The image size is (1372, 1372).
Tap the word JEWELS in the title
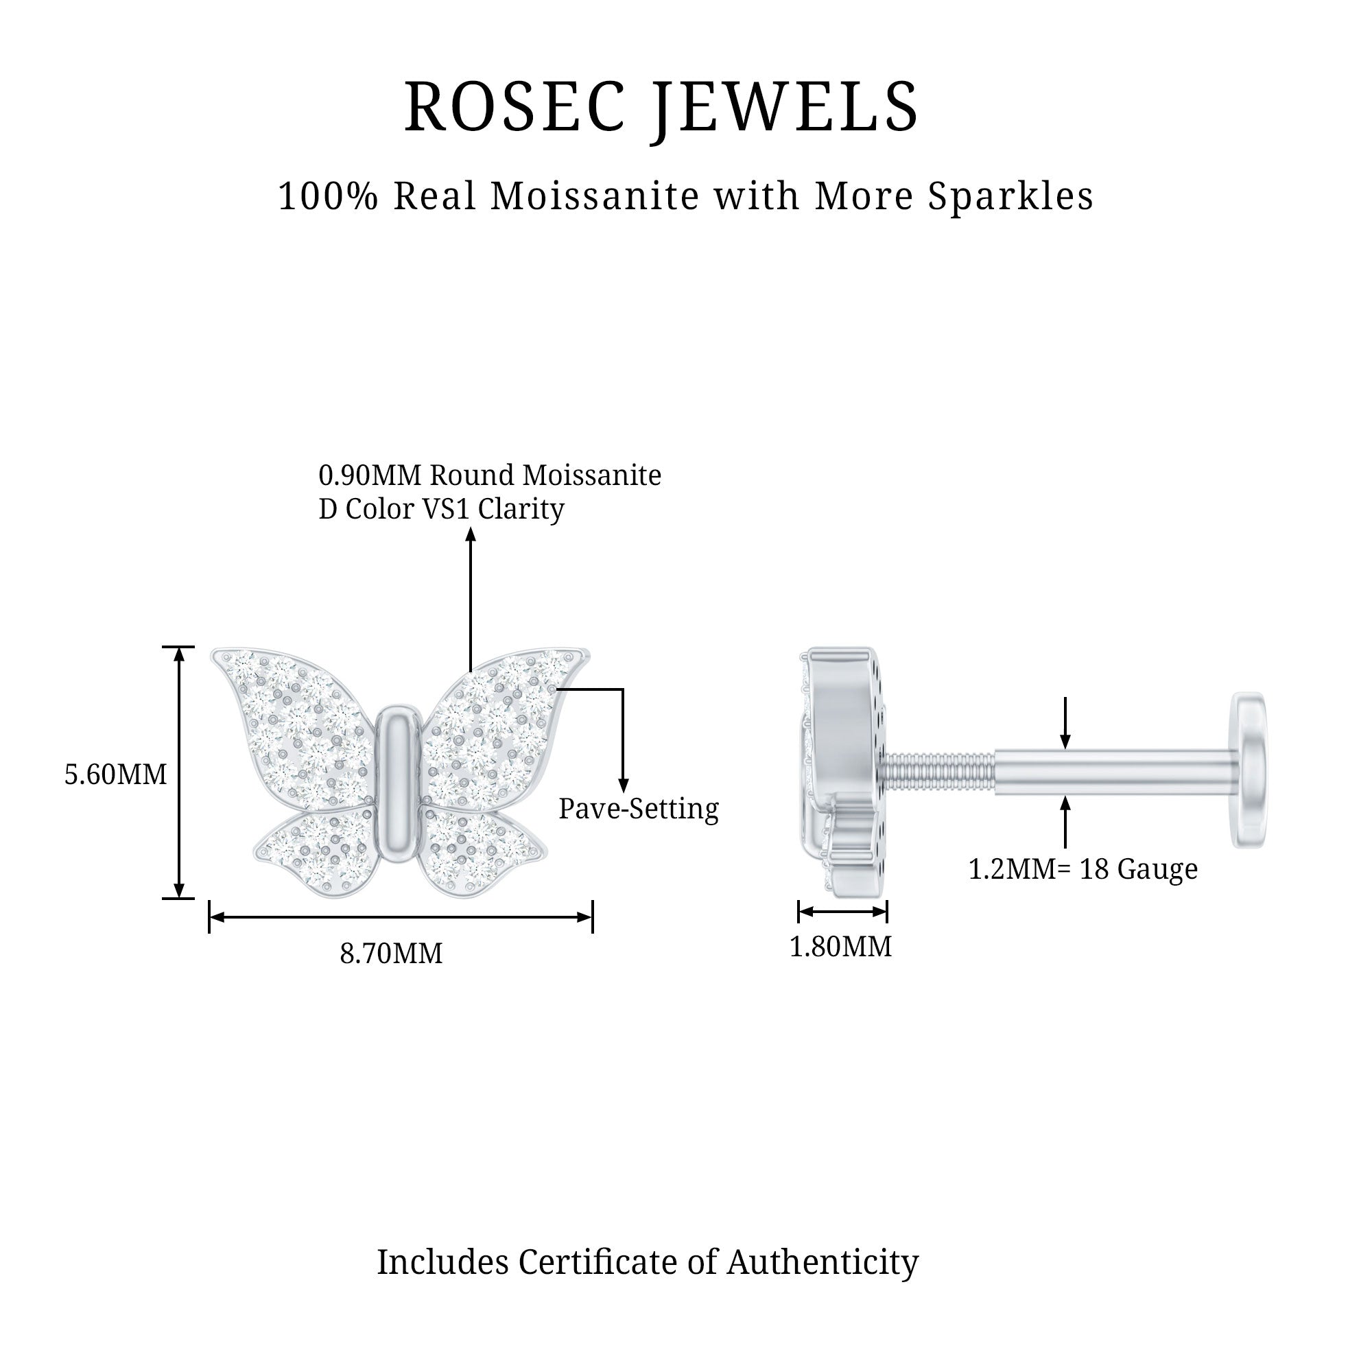coord(786,107)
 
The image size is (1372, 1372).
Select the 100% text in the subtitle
coord(328,197)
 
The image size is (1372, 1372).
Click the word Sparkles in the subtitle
coord(1010,197)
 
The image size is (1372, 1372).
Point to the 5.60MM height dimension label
coord(116,774)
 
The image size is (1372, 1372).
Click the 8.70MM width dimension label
coord(391,953)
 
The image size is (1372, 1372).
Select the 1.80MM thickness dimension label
coord(841,947)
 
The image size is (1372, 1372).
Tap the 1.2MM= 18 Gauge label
coord(1083,868)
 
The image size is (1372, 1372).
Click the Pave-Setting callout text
coord(639,809)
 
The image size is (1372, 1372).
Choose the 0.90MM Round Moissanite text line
coord(490,475)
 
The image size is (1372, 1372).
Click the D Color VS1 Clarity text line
coord(441,508)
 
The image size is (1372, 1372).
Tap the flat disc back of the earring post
coord(1249,770)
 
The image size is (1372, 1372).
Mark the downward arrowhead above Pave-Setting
coord(623,785)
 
